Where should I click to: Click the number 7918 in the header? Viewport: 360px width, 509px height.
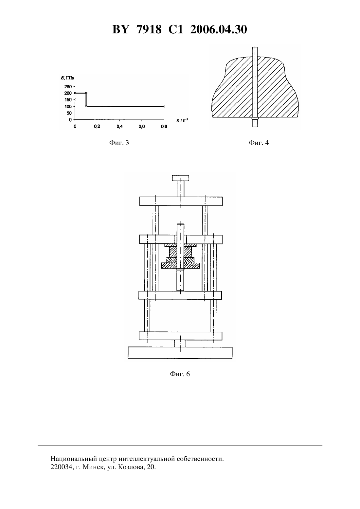[149, 29]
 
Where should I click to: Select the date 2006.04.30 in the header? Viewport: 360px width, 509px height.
[218, 29]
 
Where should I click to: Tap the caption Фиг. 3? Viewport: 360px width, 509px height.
[119, 143]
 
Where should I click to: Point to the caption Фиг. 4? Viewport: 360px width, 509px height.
[259, 143]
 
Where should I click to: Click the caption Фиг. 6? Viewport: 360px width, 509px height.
[180, 374]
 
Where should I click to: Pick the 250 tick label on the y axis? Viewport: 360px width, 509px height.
[68, 87]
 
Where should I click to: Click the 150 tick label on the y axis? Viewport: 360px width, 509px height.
[68, 100]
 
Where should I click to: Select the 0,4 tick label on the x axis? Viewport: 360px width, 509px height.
[119, 127]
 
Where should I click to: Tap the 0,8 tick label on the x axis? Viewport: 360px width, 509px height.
[164, 127]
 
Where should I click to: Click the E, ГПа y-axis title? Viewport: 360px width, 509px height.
[67, 78]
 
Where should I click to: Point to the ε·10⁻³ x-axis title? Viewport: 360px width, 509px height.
[182, 120]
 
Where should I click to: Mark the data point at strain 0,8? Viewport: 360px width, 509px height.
[164, 106]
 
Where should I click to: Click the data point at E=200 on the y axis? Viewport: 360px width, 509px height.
[75, 93]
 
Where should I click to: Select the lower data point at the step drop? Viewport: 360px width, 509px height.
[86, 106]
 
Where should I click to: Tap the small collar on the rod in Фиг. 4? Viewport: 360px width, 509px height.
[255, 118]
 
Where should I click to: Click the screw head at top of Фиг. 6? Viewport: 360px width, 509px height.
[180, 178]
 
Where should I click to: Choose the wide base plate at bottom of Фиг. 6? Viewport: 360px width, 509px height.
[180, 353]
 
